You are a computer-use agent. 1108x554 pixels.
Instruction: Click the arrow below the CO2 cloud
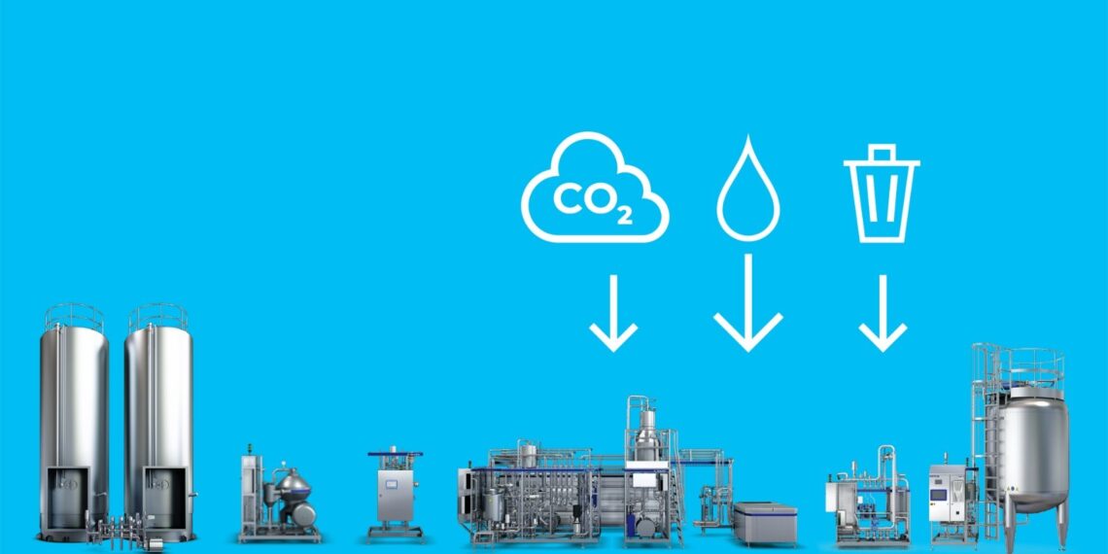(613, 313)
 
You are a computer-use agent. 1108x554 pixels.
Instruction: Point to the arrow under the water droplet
(748, 302)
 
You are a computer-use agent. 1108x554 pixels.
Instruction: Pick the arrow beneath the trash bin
(883, 313)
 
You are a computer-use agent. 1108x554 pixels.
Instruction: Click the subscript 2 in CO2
(624, 216)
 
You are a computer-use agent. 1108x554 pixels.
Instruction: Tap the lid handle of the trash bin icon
(882, 152)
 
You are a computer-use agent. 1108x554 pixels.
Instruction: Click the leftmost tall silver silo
(74, 423)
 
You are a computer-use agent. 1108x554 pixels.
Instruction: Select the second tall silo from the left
(158, 423)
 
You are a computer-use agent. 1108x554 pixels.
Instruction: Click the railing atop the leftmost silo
(74, 317)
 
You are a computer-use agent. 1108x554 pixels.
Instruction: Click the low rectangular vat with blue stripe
(765, 523)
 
